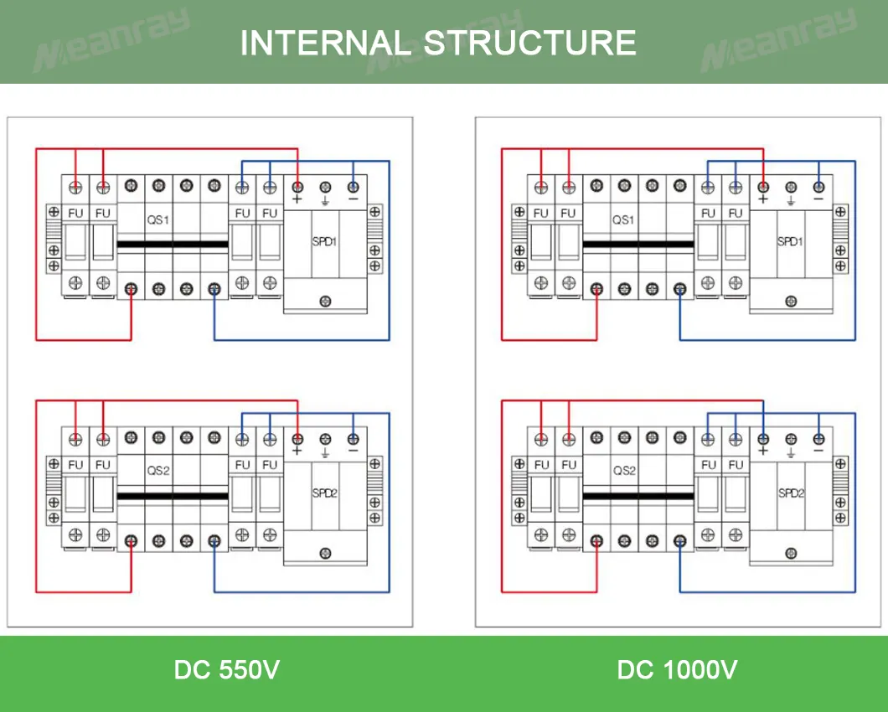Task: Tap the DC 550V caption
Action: click(226, 670)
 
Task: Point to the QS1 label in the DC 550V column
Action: click(158, 219)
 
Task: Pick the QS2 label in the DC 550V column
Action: click(158, 471)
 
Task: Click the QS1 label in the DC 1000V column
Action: click(623, 219)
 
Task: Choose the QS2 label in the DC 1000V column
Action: click(624, 471)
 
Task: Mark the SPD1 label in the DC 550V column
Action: click(325, 241)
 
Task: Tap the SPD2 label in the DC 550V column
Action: click(325, 493)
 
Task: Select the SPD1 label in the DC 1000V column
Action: click(790, 241)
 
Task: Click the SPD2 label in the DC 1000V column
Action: click(791, 493)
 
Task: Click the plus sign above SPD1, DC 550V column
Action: click(297, 200)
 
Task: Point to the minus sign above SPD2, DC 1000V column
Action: click(818, 451)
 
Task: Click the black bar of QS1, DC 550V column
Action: click(173, 245)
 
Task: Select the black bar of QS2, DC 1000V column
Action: click(638, 497)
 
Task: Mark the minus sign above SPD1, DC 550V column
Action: click(353, 199)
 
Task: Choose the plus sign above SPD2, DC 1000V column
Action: click(763, 451)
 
